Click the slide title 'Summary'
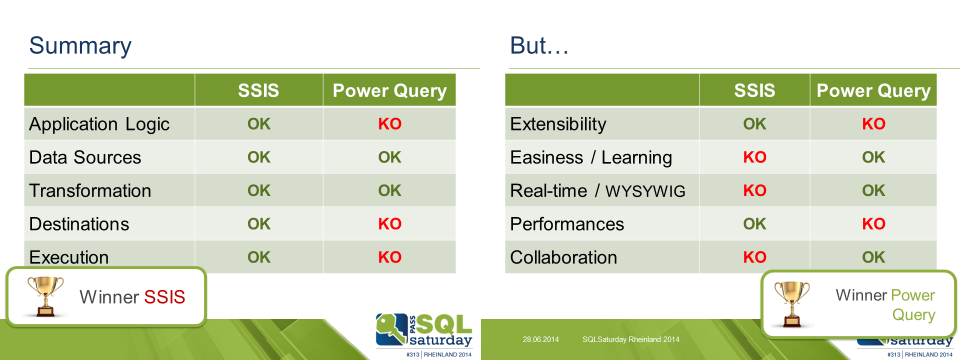(x=80, y=47)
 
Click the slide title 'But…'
(x=539, y=45)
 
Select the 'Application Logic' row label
(x=99, y=124)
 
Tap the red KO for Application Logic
(x=389, y=124)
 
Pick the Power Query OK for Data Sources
(x=389, y=157)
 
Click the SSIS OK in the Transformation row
(x=259, y=190)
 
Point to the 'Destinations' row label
(x=79, y=223)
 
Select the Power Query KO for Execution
(x=389, y=257)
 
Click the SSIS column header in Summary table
(x=259, y=91)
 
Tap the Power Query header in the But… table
(x=873, y=91)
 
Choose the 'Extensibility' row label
(x=558, y=124)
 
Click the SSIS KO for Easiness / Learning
(x=754, y=157)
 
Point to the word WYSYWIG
(x=645, y=191)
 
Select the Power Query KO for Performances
(x=874, y=223)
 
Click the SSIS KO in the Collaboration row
(x=754, y=257)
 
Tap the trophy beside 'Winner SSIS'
(x=45, y=296)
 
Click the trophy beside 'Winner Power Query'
(x=792, y=304)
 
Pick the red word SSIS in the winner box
(x=164, y=298)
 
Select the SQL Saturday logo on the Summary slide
(x=424, y=334)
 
